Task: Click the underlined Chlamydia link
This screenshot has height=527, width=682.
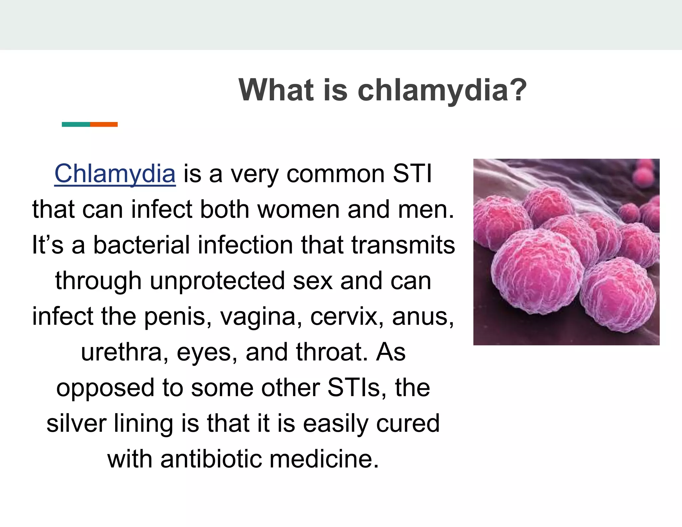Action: (x=115, y=174)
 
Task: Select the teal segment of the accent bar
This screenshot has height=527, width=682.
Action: (x=76, y=124)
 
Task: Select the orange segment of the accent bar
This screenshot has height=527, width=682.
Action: (x=104, y=124)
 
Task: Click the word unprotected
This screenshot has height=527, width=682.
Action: (x=217, y=281)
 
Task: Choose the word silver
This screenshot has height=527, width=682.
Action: (x=76, y=423)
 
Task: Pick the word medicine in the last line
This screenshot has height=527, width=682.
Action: (x=324, y=459)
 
